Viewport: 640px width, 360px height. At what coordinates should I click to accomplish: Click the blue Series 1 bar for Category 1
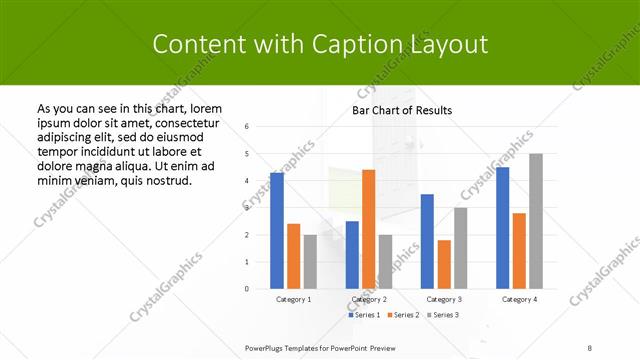tap(277, 231)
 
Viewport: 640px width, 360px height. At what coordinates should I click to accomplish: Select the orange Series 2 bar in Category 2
tap(368, 229)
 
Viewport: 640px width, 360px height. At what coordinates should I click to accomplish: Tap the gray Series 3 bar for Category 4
tap(535, 221)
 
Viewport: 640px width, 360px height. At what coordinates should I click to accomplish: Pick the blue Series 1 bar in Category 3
tap(427, 241)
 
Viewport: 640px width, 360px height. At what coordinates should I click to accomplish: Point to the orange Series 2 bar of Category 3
tap(443, 264)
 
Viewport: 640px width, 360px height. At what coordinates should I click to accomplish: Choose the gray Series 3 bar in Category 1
tap(310, 262)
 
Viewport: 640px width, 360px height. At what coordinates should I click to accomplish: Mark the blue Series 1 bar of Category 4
tap(502, 228)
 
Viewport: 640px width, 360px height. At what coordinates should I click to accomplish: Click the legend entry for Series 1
tap(365, 315)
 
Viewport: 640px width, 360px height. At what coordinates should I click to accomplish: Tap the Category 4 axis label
tap(518, 299)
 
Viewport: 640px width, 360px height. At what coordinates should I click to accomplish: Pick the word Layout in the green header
tap(449, 44)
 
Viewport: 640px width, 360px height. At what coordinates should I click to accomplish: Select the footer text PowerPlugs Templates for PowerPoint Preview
tap(320, 347)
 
